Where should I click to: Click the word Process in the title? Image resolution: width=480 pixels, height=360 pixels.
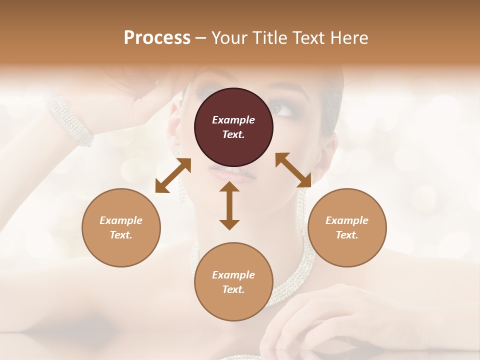(x=157, y=38)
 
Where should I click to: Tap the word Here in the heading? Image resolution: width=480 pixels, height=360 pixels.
(x=348, y=38)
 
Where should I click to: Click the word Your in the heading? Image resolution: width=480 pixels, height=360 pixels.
(x=230, y=38)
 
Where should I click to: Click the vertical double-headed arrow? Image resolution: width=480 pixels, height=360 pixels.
(x=229, y=205)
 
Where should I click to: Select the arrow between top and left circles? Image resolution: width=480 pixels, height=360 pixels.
(x=173, y=175)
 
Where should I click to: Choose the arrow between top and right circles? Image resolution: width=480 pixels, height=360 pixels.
(x=293, y=170)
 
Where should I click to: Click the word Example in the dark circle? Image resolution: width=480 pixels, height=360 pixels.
(x=233, y=120)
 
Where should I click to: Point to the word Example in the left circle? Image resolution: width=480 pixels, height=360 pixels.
(x=121, y=220)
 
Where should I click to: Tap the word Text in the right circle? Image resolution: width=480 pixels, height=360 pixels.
(x=347, y=235)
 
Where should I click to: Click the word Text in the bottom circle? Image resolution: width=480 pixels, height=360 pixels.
(x=233, y=289)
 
